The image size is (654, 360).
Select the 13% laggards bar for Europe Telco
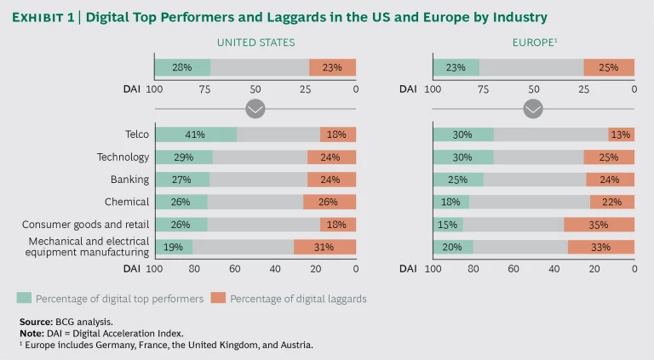(621, 134)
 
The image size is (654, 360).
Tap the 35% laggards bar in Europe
(599, 225)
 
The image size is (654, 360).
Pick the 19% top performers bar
(173, 247)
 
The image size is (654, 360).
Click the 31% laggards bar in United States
(324, 247)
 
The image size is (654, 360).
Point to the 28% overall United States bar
(182, 67)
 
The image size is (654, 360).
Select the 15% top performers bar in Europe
(448, 225)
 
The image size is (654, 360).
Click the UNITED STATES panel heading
(255, 42)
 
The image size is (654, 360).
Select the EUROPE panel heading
(531, 42)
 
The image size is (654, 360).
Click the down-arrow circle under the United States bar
(255, 109)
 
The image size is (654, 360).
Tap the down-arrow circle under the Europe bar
(533, 109)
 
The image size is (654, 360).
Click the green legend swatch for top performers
(25, 298)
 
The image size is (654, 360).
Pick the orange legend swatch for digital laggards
(217, 298)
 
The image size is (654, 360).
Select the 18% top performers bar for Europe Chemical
(451, 202)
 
